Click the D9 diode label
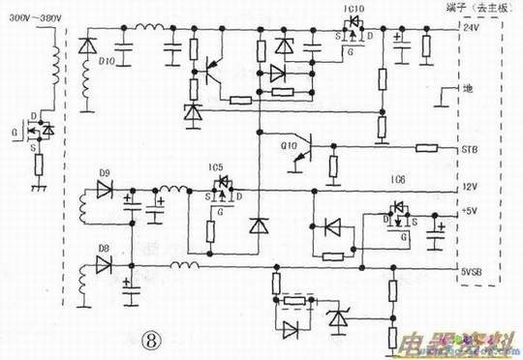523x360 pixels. (105, 175)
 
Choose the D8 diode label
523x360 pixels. (104, 249)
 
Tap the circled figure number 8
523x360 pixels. (152, 340)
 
